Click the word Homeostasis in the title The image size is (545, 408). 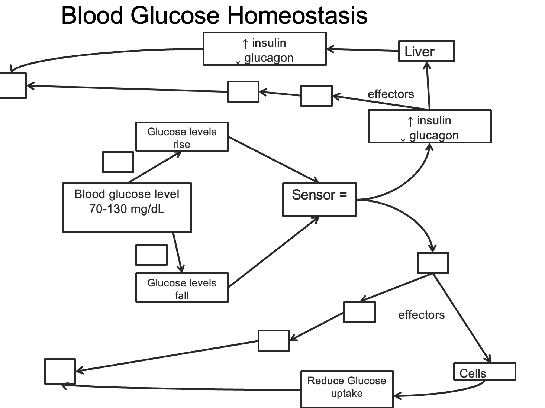click(297, 16)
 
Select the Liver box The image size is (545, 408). click(426, 51)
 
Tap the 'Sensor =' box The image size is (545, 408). click(319, 200)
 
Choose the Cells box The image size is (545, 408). click(484, 372)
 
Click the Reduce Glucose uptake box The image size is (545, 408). click(346, 389)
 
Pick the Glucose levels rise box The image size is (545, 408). click(182, 137)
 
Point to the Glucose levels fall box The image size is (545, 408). click(182, 288)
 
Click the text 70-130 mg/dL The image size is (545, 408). click(127, 209)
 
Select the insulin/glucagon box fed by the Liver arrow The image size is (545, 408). click(264, 49)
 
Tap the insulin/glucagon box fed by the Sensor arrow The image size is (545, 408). click(429, 126)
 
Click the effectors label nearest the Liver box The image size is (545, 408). click(391, 94)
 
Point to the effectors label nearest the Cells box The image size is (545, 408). click(421, 315)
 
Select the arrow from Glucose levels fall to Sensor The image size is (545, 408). click(273, 252)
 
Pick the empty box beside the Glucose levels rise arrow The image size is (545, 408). click(118, 162)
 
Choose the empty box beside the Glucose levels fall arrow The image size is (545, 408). click(151, 255)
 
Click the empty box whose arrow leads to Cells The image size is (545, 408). click(433, 263)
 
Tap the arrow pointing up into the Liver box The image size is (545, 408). click(428, 85)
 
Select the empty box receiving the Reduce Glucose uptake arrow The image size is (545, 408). click(60, 371)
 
